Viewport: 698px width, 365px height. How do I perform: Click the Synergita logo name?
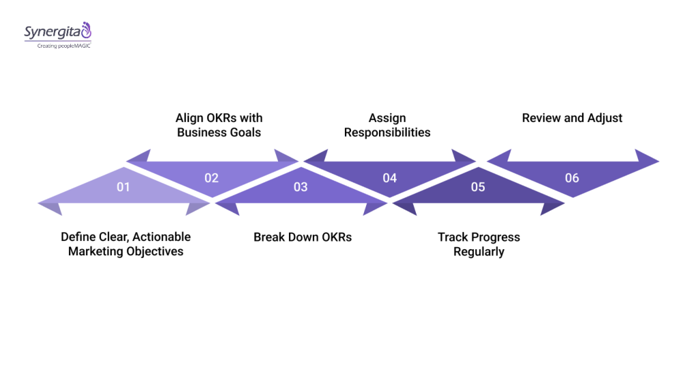pyautogui.click(x=52, y=32)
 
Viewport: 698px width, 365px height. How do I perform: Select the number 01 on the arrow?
pyautogui.click(x=123, y=187)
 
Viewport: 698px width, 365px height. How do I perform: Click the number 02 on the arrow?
pyautogui.click(x=211, y=178)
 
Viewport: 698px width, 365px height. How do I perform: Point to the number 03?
pyautogui.click(x=301, y=187)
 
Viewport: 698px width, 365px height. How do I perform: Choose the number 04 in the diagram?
pyautogui.click(x=389, y=178)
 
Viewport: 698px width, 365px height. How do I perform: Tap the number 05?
pyautogui.click(x=478, y=187)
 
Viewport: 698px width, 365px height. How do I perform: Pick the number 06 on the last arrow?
pyautogui.click(x=572, y=178)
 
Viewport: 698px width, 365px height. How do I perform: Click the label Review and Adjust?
pyautogui.click(x=572, y=118)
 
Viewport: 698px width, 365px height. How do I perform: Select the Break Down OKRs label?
pyautogui.click(x=303, y=237)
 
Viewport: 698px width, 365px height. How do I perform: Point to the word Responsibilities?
pyautogui.click(x=387, y=132)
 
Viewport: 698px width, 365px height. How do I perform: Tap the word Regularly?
pyautogui.click(x=479, y=251)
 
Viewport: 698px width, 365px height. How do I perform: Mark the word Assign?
pyautogui.click(x=387, y=118)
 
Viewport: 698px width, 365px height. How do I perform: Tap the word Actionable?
pyautogui.click(x=162, y=237)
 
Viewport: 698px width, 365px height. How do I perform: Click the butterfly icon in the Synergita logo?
pyautogui.click(x=85, y=30)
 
